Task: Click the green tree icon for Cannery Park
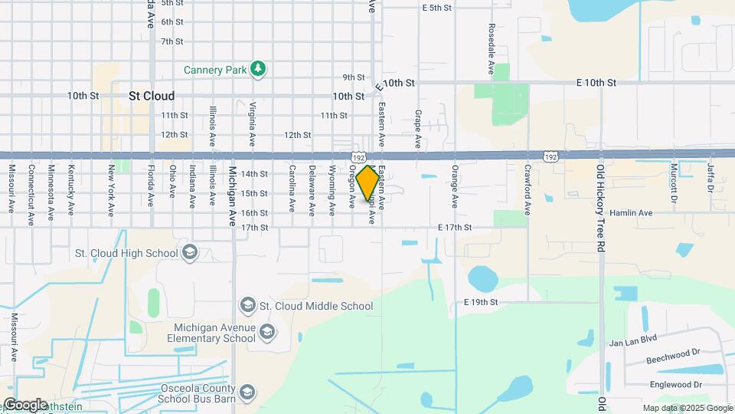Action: tap(260, 70)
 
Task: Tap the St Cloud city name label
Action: tap(152, 96)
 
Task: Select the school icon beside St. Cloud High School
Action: tap(190, 252)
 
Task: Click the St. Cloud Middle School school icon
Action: tap(247, 306)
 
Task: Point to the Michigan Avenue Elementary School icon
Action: tap(266, 332)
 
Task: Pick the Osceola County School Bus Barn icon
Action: tap(247, 392)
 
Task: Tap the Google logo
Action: tap(25, 405)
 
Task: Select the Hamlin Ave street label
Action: tap(631, 212)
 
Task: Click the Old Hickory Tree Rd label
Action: tap(601, 209)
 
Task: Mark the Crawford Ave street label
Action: tap(528, 189)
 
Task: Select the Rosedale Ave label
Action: tap(491, 48)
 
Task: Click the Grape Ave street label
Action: tap(418, 128)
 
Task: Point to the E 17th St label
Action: tap(454, 228)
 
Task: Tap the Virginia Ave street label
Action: tap(252, 123)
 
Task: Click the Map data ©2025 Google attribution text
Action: tap(687, 409)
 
